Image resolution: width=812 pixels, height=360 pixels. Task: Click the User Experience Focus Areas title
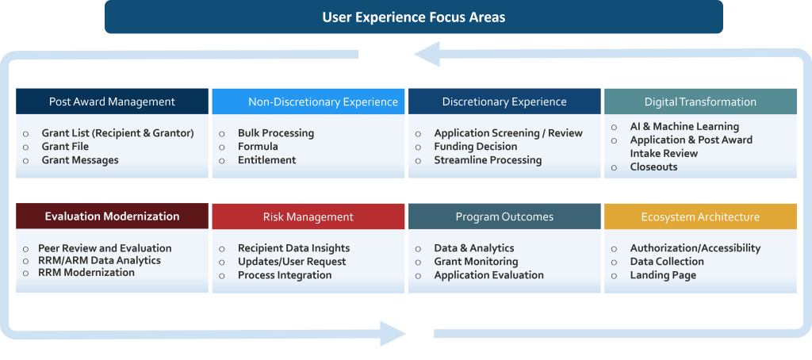click(413, 17)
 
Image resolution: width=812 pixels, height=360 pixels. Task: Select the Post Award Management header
click(112, 101)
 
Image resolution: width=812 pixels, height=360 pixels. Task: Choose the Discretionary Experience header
click(504, 101)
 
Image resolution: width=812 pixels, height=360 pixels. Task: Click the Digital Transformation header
click(700, 101)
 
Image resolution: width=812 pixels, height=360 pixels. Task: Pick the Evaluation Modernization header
click(112, 216)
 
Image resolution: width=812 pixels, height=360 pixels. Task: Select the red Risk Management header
click(308, 216)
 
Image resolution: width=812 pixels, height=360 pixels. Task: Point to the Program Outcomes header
click(504, 216)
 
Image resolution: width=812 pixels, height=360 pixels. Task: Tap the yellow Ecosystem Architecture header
click(700, 216)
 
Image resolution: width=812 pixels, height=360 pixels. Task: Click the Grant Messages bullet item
click(80, 160)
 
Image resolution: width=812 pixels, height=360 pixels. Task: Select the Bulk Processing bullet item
click(276, 133)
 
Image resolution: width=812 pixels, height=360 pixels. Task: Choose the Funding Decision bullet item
click(475, 147)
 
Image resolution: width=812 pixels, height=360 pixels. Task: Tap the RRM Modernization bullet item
click(86, 273)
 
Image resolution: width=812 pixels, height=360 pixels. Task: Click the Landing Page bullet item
click(663, 275)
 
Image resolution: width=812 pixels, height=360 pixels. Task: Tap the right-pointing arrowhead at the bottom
click(393, 333)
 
